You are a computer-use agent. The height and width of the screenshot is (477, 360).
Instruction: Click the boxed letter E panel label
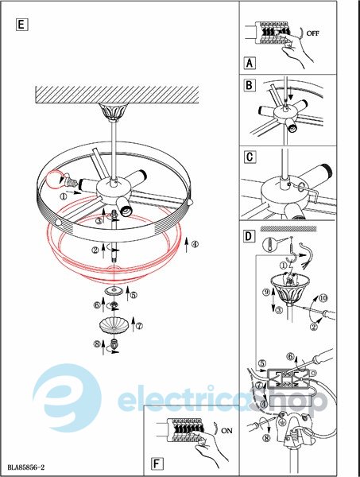21,25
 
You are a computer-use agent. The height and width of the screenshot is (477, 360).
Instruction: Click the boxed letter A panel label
250,64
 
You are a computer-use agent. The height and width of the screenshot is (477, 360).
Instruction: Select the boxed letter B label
249,85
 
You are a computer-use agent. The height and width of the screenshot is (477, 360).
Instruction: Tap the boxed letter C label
250,157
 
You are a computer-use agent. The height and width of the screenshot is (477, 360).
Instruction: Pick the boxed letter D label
249,236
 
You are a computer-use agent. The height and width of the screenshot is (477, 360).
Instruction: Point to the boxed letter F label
157,464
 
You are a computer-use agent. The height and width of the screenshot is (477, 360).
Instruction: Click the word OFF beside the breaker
313,33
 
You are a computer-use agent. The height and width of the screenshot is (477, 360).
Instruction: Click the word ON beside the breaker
226,431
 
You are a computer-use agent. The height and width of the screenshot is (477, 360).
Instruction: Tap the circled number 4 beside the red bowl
195,244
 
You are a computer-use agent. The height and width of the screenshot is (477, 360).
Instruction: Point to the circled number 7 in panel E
139,326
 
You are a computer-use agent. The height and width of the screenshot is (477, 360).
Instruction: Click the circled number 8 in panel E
97,344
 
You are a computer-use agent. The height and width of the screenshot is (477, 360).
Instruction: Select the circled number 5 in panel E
134,295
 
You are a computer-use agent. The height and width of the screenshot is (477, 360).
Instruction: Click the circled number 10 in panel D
323,298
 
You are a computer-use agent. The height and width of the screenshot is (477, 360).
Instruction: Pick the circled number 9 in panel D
266,293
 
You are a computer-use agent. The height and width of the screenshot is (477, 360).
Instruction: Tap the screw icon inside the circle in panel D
269,244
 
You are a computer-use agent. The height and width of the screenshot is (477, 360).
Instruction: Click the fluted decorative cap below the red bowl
114,325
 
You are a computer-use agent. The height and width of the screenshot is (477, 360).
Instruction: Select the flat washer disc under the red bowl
114,290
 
